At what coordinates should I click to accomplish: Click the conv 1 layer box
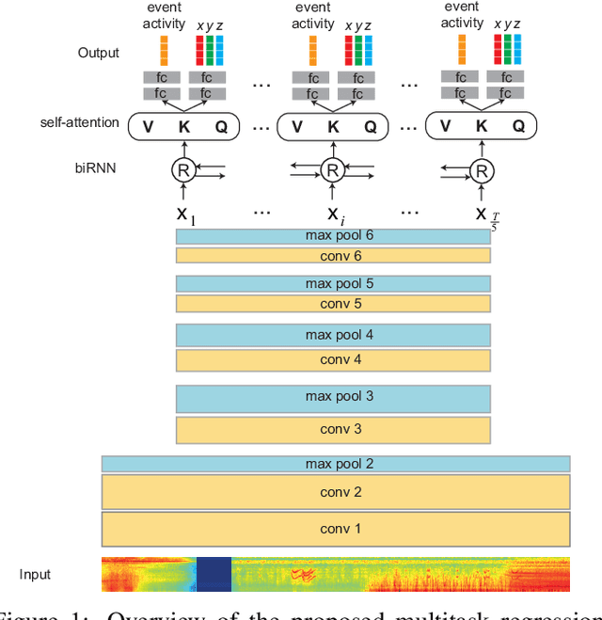click(x=336, y=528)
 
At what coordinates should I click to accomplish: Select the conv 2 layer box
click(x=336, y=492)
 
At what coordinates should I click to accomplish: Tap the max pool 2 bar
click(x=336, y=464)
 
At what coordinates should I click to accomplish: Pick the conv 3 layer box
click(x=333, y=430)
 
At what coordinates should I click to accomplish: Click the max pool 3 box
click(x=333, y=397)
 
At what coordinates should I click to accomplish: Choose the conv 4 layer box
click(x=333, y=359)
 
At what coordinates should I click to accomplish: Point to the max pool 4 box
click(x=333, y=335)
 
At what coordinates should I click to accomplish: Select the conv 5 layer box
click(x=333, y=303)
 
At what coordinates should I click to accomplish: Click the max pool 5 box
click(x=333, y=283)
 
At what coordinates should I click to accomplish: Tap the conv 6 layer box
click(x=333, y=255)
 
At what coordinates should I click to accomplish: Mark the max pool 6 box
click(x=333, y=235)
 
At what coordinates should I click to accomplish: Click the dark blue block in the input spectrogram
click(x=214, y=574)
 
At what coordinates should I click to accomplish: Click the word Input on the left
click(x=36, y=574)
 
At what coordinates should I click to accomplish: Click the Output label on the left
click(x=100, y=52)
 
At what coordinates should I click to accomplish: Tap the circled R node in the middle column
click(x=331, y=170)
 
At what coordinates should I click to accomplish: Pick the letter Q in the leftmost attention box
click(x=221, y=126)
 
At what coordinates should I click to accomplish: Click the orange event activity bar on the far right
click(x=462, y=49)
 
